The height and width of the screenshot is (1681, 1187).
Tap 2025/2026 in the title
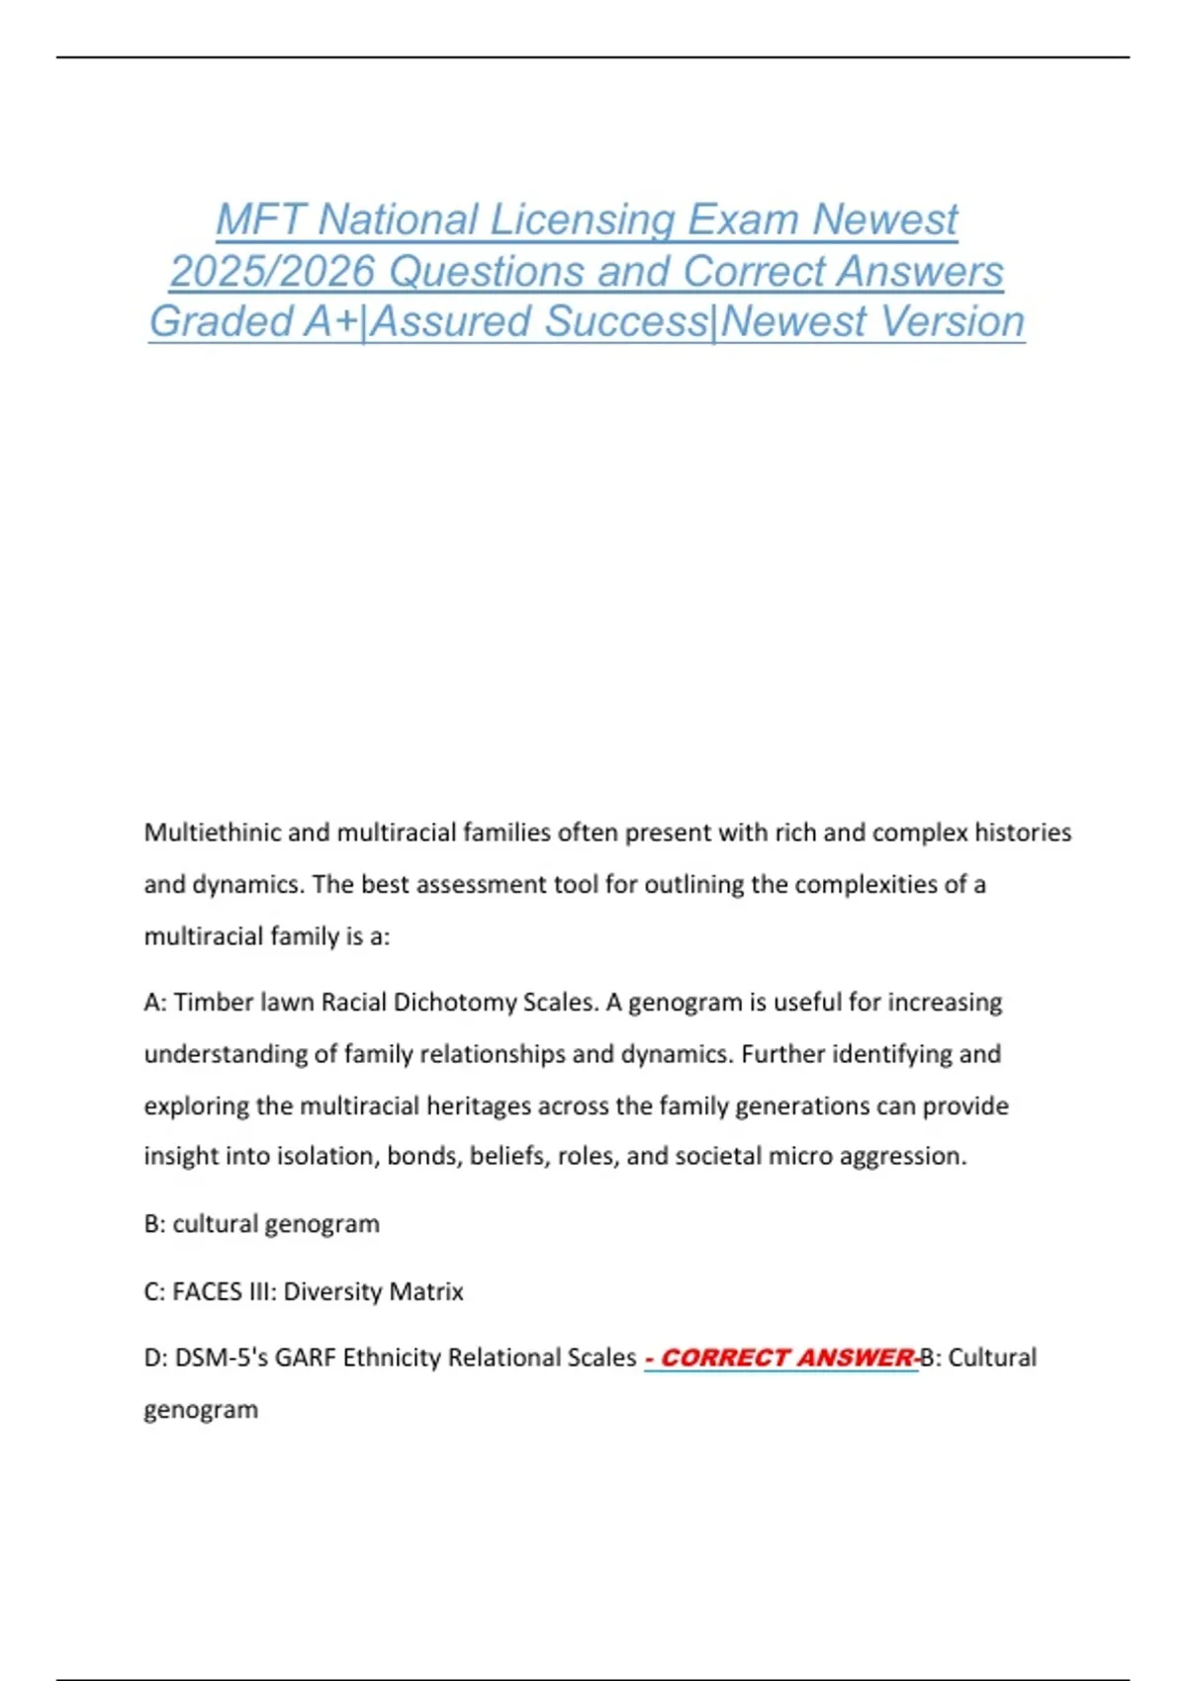click(x=272, y=271)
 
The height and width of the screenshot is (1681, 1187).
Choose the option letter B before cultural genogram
click(x=153, y=1224)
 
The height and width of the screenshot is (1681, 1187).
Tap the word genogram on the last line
click(x=201, y=1409)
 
